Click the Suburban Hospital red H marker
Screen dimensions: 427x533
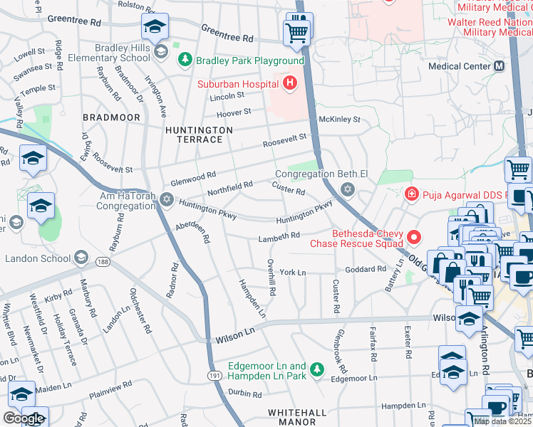(289, 84)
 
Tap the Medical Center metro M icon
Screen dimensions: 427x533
(499, 66)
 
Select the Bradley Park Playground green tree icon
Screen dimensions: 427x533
(185, 60)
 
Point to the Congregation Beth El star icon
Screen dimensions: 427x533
(347, 189)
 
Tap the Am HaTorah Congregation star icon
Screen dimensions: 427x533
(167, 199)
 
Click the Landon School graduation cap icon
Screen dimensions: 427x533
(81, 257)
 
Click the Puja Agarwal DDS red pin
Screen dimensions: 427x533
(411, 194)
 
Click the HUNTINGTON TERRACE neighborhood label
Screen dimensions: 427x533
(199, 135)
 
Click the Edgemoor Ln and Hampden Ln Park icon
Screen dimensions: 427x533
(317, 369)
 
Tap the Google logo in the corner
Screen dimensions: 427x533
(24, 418)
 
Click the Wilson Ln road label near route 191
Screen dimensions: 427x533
(234, 332)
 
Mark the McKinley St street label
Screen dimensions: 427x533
(339, 120)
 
